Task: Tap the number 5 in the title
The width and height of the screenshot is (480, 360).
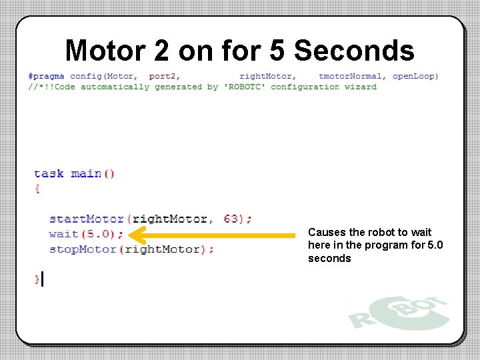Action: coord(279,51)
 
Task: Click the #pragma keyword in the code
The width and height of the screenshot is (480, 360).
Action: coord(46,76)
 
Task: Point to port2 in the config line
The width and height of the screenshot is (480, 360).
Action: coord(165,76)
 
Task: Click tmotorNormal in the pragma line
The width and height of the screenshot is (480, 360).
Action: coord(351,76)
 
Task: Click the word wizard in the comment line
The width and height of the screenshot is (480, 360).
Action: coord(361,87)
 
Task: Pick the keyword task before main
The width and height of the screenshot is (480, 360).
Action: coord(49,173)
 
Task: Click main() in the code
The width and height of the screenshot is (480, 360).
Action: coord(93,173)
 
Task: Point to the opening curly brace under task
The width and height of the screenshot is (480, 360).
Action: coord(37,189)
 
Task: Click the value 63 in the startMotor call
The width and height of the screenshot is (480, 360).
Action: coord(232,219)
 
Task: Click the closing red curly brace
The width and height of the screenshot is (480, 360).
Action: coord(37,279)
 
